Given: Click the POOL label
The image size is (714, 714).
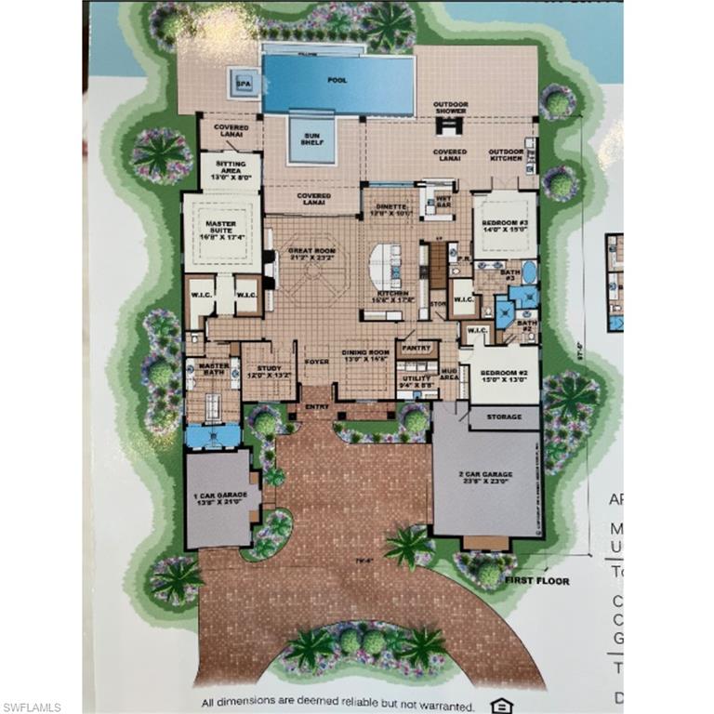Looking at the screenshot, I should pyautogui.click(x=337, y=81).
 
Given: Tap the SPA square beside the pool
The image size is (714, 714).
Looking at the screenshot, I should pyautogui.click(x=245, y=83).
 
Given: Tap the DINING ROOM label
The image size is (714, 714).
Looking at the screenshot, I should pyautogui.click(x=365, y=354).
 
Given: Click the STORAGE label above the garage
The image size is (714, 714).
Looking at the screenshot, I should pyautogui.click(x=504, y=418).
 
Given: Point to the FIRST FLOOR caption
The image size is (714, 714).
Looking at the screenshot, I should pyautogui.click(x=536, y=580).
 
